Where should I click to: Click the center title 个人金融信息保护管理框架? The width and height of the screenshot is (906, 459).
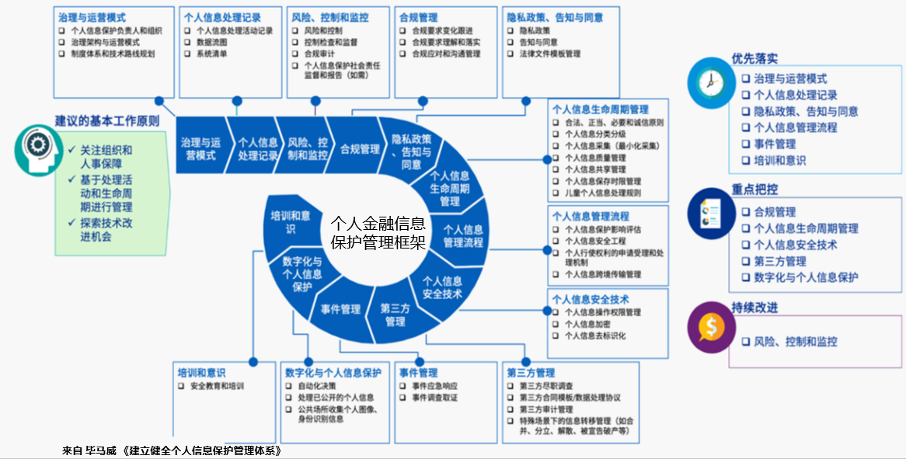click(378, 232)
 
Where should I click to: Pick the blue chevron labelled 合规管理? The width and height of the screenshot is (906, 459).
click(360, 148)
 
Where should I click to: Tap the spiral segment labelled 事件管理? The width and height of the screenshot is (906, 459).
click(340, 309)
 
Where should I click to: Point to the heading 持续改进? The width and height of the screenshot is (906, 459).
click(754, 308)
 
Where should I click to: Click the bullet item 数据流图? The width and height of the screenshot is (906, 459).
click(211, 43)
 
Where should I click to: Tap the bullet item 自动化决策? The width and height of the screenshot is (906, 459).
click(316, 386)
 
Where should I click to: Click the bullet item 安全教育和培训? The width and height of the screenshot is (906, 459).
click(217, 386)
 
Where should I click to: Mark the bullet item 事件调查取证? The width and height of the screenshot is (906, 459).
click(434, 398)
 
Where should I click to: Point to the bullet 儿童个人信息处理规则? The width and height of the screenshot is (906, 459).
click(603, 193)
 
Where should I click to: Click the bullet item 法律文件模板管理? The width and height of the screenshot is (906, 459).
click(549, 54)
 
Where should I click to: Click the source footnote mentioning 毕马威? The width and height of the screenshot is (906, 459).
click(171, 450)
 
